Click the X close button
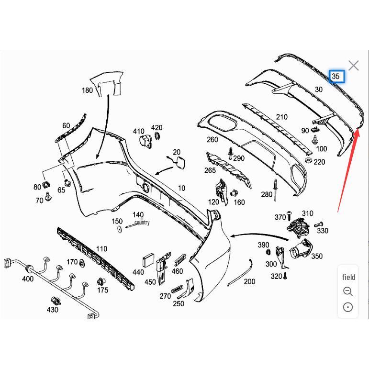(x=353, y=66)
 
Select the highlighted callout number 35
(x=336, y=76)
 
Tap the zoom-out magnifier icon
(x=348, y=291)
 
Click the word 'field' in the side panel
(x=348, y=277)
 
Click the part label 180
(x=87, y=90)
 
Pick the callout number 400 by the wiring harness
(x=28, y=279)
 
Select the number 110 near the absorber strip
(x=101, y=249)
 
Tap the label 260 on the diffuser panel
(x=212, y=140)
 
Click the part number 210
(x=282, y=117)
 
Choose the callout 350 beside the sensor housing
(x=317, y=257)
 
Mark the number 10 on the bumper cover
(x=181, y=188)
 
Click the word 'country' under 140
(x=142, y=223)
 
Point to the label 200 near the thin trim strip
(x=249, y=281)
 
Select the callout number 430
(x=53, y=310)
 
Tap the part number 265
(x=210, y=170)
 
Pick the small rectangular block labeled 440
(x=148, y=261)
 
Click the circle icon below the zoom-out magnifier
(x=348, y=307)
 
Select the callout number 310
(x=307, y=213)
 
